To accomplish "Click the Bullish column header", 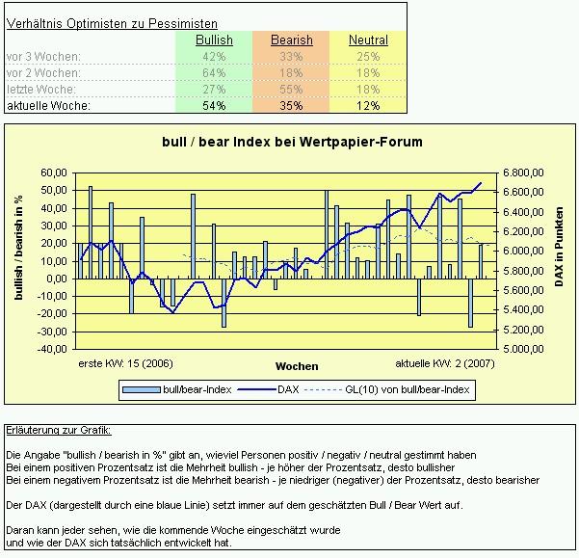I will click(x=214, y=40).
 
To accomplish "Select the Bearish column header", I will click(x=291, y=40).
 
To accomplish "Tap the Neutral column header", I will click(x=368, y=40).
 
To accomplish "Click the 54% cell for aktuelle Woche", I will click(x=214, y=105).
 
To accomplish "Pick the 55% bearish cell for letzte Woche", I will click(x=291, y=89).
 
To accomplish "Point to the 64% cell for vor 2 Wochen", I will click(x=214, y=72).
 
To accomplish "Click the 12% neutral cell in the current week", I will click(x=368, y=105).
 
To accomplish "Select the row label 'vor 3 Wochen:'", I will click(x=42, y=57).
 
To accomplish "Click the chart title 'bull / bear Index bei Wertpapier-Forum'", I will click(x=291, y=142).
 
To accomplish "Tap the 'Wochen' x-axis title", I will click(x=296, y=367).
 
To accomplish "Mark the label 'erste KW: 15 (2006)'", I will click(x=125, y=364).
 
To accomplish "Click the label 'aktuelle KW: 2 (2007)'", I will click(x=444, y=364).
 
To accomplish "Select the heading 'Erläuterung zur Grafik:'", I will click(x=58, y=430).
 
